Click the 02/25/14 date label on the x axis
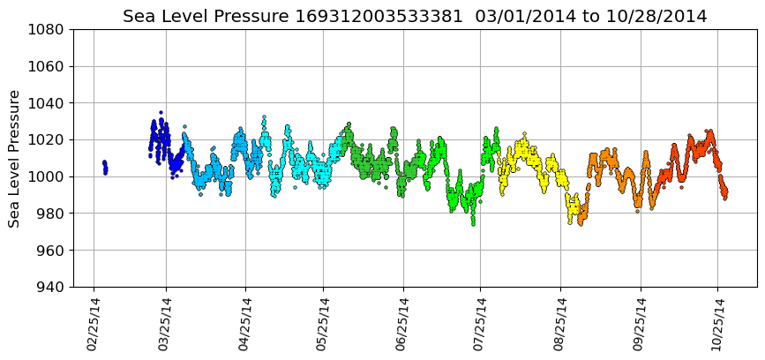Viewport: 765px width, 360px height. point(94,324)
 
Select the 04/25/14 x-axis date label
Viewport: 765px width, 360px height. point(244,324)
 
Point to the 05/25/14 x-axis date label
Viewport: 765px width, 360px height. point(322,324)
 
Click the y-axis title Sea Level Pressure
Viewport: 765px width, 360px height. point(14,158)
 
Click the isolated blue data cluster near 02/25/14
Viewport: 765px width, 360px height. point(105,167)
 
